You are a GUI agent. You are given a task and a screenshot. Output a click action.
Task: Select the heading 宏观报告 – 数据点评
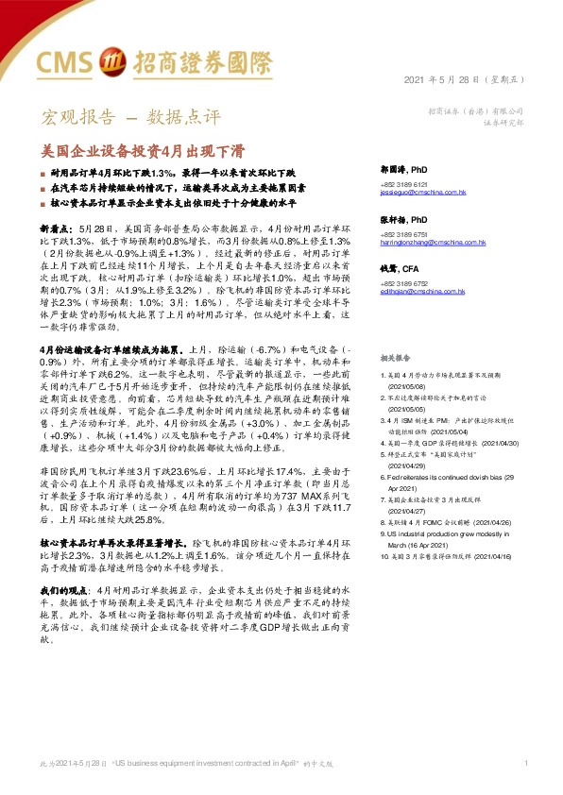point(130,118)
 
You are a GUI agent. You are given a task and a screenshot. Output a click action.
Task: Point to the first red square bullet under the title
point(42,175)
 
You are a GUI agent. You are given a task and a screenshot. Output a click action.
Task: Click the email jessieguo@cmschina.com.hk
point(423,192)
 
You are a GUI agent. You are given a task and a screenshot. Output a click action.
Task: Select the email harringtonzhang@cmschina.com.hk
point(431,243)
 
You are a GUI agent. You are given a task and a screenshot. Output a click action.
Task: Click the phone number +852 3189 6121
point(406,183)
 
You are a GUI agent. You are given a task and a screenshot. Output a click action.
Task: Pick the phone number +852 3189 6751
point(406,234)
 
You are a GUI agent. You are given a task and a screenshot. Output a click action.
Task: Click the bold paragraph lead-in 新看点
point(57,229)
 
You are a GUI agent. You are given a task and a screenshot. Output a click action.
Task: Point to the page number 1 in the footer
point(523,762)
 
